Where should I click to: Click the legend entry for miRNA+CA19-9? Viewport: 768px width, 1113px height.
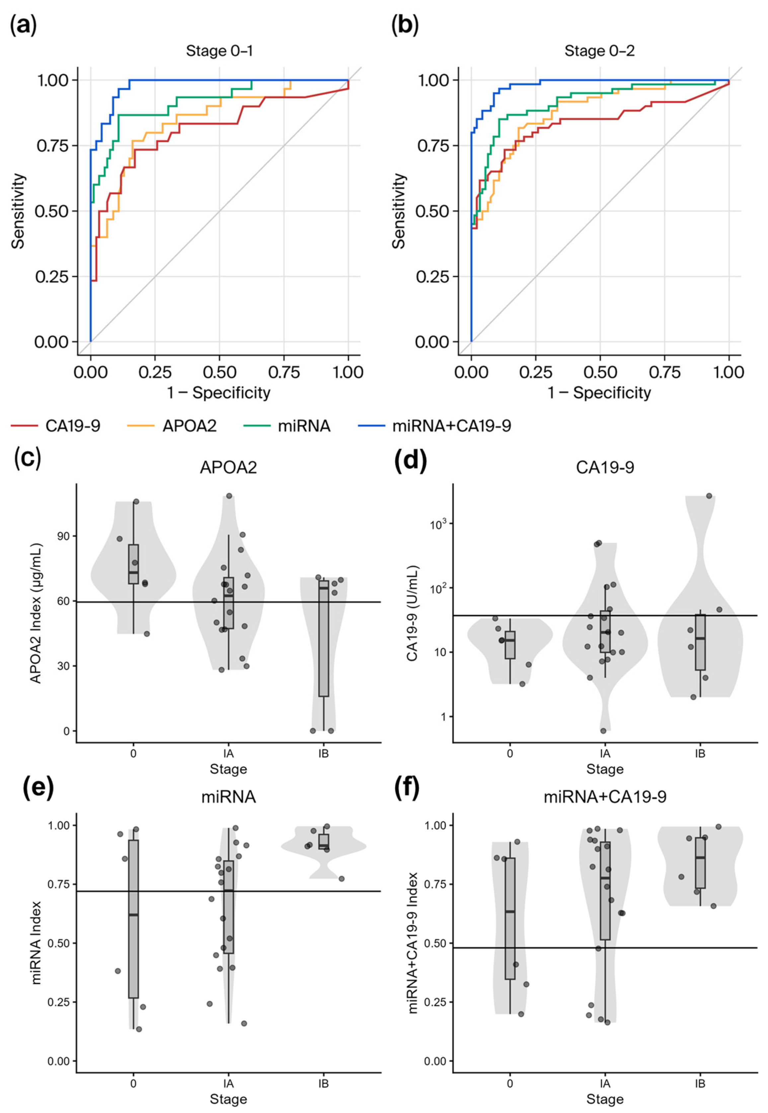[451, 426]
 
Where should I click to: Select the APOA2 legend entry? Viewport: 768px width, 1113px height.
[189, 426]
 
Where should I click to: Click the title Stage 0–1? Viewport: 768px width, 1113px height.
[219, 51]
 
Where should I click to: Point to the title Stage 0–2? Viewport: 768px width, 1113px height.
[600, 51]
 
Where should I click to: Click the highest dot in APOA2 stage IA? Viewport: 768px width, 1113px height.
[229, 496]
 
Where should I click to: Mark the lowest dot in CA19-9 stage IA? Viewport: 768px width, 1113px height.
[603, 731]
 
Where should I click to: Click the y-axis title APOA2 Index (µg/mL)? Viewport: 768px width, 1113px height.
[37, 614]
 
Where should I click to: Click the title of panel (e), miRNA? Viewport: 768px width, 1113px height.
[229, 798]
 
